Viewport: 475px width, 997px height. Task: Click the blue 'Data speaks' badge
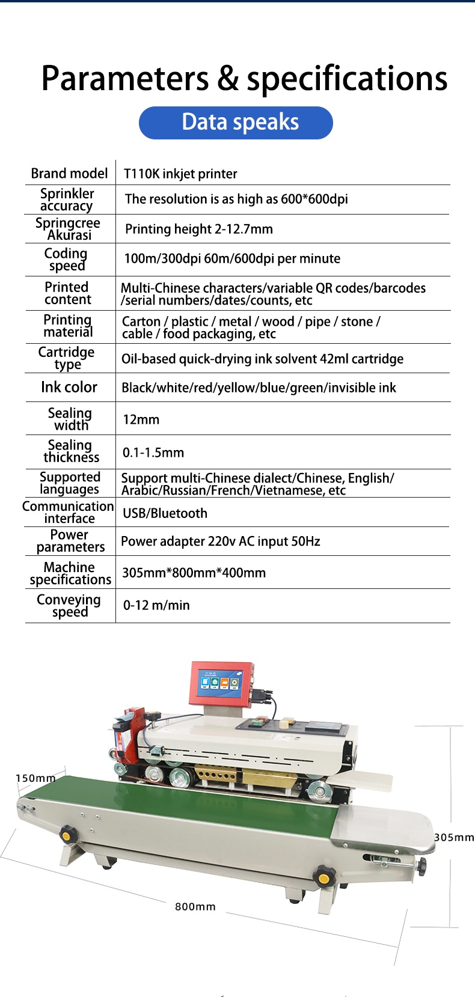236,123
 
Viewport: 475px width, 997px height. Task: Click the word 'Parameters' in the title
125,79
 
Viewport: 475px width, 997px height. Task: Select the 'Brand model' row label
69,174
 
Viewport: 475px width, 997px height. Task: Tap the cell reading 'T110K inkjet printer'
180,174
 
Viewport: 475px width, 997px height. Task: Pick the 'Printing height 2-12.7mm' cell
198,230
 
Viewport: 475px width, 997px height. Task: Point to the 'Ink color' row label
69,388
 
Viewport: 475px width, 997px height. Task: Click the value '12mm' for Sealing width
141,420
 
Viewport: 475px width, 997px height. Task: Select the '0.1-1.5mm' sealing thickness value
153,453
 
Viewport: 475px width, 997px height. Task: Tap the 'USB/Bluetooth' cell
165,514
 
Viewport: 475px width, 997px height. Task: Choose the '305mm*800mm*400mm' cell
194,573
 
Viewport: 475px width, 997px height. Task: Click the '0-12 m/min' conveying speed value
156,606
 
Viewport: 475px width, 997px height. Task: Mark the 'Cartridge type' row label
67,358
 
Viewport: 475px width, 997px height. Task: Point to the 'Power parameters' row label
70,541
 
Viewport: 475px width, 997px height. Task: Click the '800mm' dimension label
195,907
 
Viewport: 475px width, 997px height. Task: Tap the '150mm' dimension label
35,778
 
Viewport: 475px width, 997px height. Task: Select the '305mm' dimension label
454,838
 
